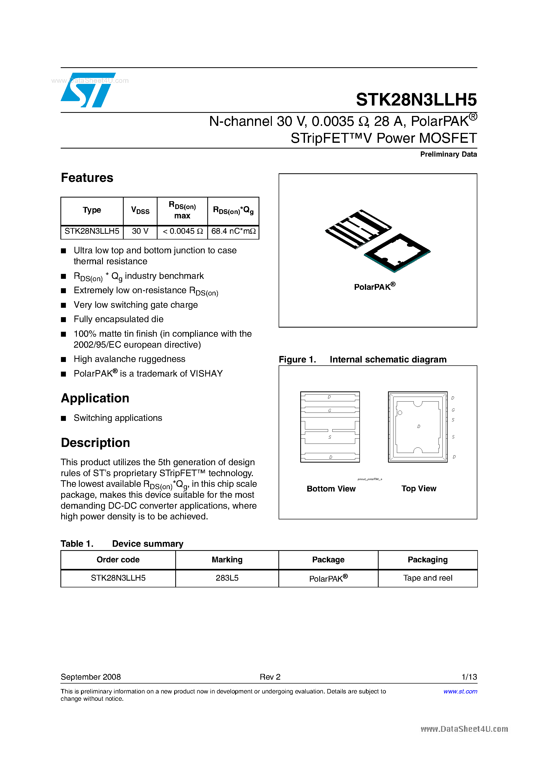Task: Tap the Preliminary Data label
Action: (448, 154)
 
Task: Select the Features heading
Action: (87, 178)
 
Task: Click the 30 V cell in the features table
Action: (140, 231)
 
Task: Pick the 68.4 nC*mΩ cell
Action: (233, 231)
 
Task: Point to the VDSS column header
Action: (140, 210)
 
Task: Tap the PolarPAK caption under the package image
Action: (374, 287)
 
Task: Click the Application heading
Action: (95, 398)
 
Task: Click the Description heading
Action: (95, 443)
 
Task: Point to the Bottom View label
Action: (331, 489)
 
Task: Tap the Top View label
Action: (418, 489)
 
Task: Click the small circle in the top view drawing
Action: (400, 413)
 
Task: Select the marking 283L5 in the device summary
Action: (227, 578)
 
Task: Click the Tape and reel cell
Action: (427, 578)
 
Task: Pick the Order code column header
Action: (118, 560)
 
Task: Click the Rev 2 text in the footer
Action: (270, 677)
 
